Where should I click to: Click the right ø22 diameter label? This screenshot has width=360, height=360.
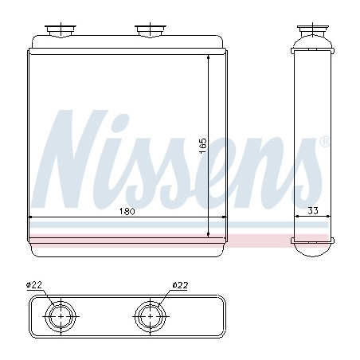[x=181, y=285]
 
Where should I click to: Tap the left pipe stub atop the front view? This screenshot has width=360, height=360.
[x=58, y=30]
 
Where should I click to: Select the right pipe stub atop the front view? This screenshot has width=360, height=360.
[x=147, y=30]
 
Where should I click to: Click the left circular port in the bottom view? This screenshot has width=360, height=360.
[x=58, y=316]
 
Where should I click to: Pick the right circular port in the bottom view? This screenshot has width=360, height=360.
[x=147, y=316]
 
